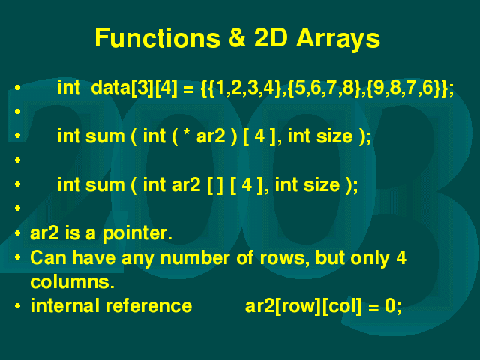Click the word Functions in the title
157,38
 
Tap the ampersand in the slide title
237,38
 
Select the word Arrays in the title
338,39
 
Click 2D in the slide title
271,38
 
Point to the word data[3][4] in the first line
134,88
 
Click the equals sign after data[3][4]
188,89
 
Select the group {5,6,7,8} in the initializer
325,88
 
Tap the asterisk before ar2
186,133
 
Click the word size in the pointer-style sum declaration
334,136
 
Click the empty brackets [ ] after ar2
215,185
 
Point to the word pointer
137,234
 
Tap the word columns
72,282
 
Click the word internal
65,305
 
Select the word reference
148,306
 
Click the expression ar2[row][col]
303,306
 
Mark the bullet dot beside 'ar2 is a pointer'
17,233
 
